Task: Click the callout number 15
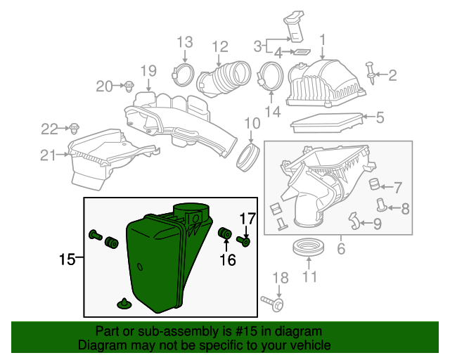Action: [67, 259]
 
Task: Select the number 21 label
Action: [47, 155]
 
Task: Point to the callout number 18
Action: [280, 277]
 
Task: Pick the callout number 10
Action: [252, 124]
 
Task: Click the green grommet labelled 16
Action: [226, 233]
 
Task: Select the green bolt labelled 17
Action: [245, 241]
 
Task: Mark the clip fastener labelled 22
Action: [73, 128]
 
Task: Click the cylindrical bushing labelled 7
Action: [374, 186]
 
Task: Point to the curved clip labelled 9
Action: [356, 223]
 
